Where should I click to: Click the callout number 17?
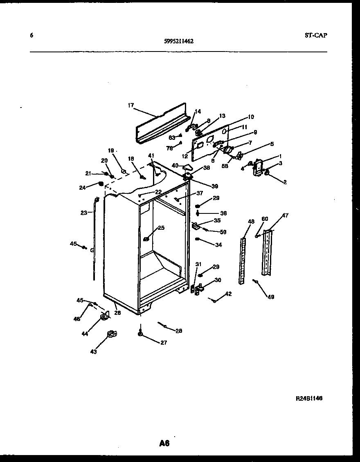tap(130, 105)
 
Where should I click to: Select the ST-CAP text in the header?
tap(316, 35)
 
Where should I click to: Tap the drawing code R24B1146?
tap(309, 398)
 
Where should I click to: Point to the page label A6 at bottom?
tap(164, 443)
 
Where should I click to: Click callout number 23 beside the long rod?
tap(83, 212)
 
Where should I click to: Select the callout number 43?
tap(93, 352)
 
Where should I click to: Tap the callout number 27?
tap(164, 343)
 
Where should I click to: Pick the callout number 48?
tap(251, 221)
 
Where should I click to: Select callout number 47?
tap(285, 215)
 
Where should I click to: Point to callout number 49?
tap(271, 297)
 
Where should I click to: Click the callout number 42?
tap(228, 294)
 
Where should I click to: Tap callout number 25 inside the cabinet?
tap(161, 228)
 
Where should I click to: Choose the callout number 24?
tap(83, 188)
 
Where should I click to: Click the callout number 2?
tap(284, 182)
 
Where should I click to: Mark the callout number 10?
tap(251, 117)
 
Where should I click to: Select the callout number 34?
tap(218, 244)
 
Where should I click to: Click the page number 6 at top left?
tap(31, 35)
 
